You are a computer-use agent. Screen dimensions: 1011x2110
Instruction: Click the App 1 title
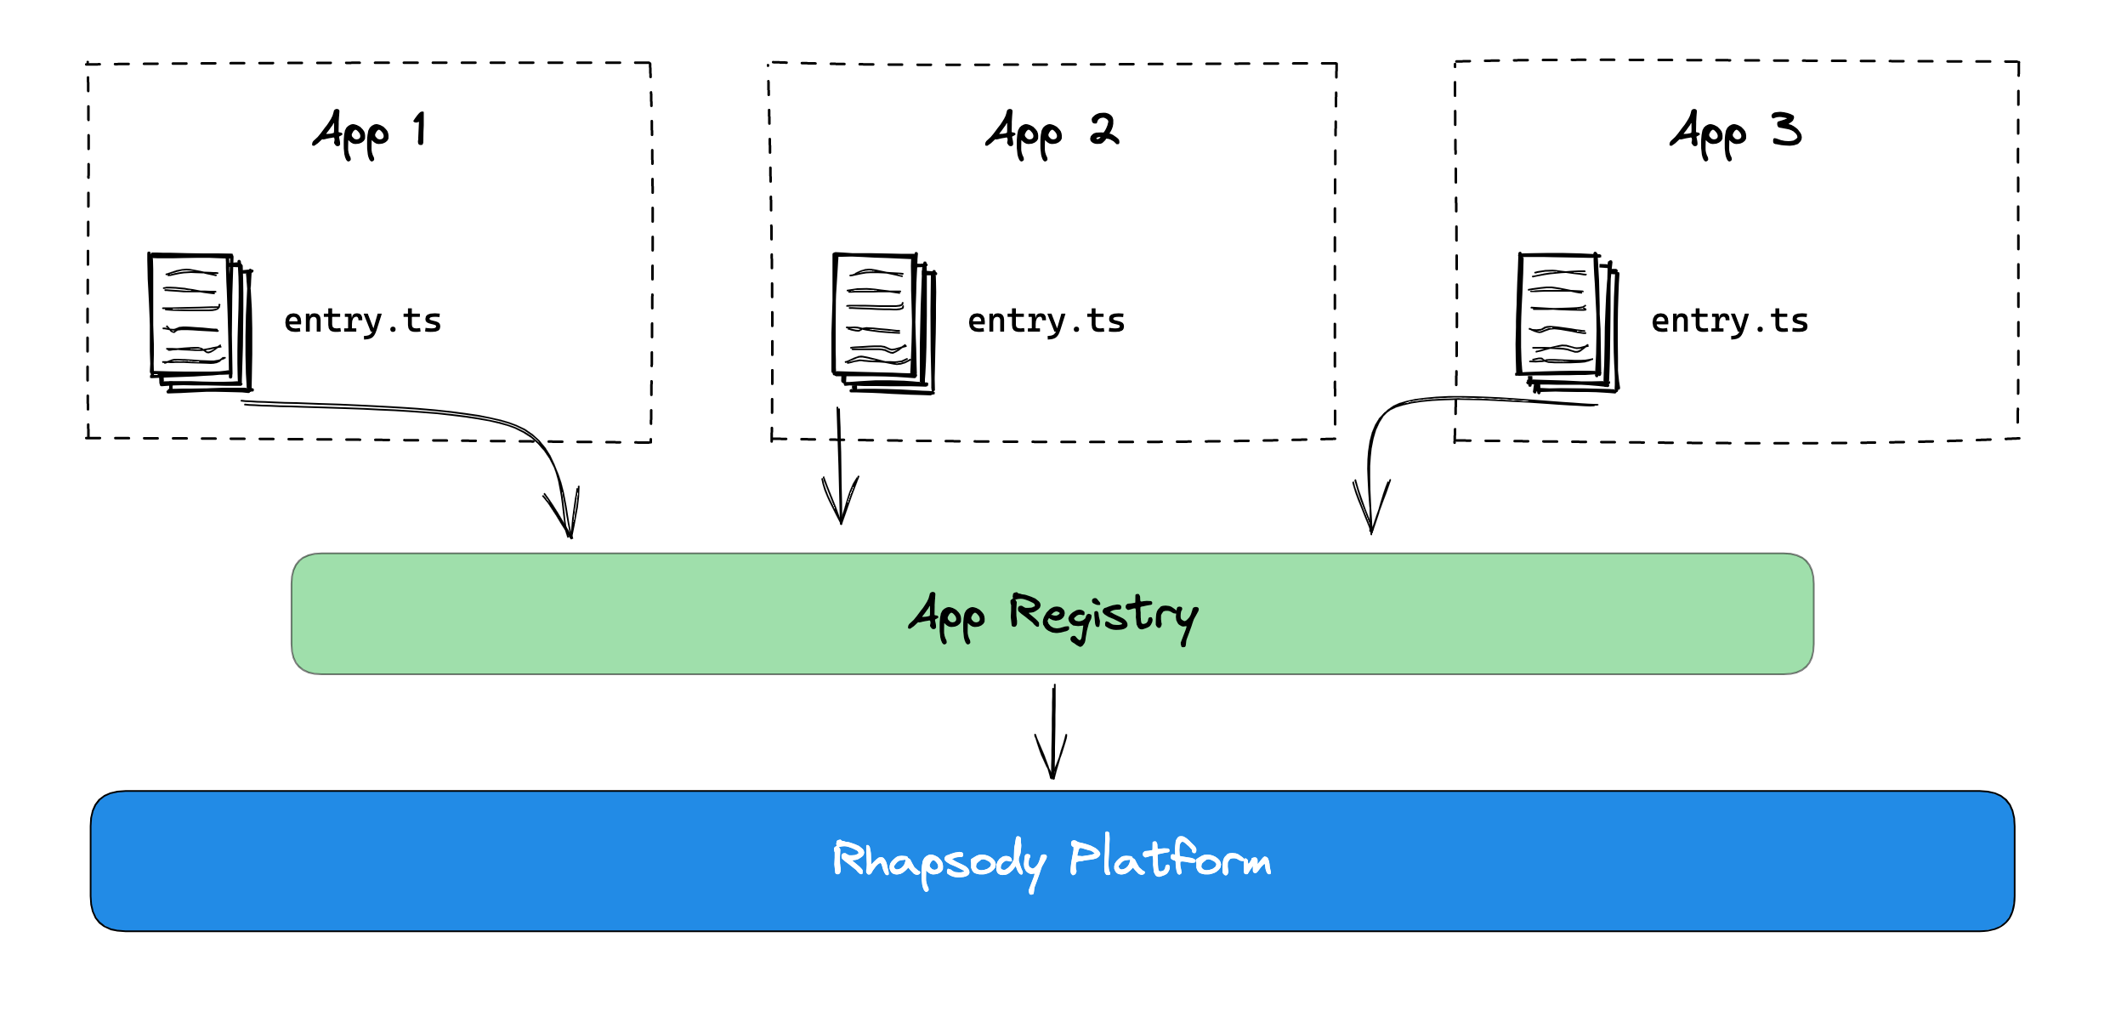[x=370, y=133]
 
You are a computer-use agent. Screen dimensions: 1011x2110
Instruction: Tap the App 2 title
[x=1052, y=133]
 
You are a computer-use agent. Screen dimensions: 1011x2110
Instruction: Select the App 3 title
[x=1735, y=133]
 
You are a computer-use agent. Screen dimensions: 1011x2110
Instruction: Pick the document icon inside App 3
[x=1568, y=322]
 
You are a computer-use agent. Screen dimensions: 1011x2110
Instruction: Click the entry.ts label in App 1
[x=362, y=321]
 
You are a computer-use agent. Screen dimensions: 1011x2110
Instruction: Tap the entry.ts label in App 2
[x=1046, y=321]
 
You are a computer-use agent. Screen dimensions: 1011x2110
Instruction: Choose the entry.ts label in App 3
[x=1729, y=321]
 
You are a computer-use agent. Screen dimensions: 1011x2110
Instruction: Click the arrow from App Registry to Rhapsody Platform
[x=1053, y=731]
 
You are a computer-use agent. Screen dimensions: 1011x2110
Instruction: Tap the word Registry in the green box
[x=1103, y=616]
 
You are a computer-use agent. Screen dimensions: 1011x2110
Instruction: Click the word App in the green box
[x=947, y=616]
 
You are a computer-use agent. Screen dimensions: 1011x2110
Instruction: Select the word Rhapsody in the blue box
[x=939, y=860]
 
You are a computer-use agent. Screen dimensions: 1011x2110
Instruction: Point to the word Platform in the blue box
[x=1170, y=859]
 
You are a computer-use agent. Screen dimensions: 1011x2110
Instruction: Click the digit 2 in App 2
[x=1104, y=129]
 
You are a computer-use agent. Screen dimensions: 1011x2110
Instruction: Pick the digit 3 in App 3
[x=1786, y=129]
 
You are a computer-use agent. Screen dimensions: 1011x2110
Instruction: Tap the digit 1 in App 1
[x=420, y=129]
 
